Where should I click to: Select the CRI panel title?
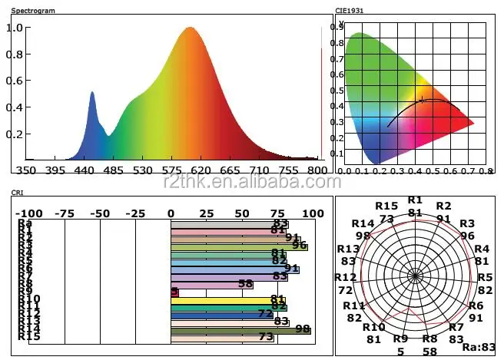(18, 192)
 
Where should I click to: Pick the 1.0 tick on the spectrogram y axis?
(15, 28)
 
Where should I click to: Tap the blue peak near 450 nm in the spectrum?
(92, 93)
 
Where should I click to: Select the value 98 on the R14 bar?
(302, 329)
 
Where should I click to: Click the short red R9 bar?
(174, 292)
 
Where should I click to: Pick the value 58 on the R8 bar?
(246, 284)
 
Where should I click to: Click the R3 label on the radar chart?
(466, 223)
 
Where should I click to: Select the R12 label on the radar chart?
(345, 277)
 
